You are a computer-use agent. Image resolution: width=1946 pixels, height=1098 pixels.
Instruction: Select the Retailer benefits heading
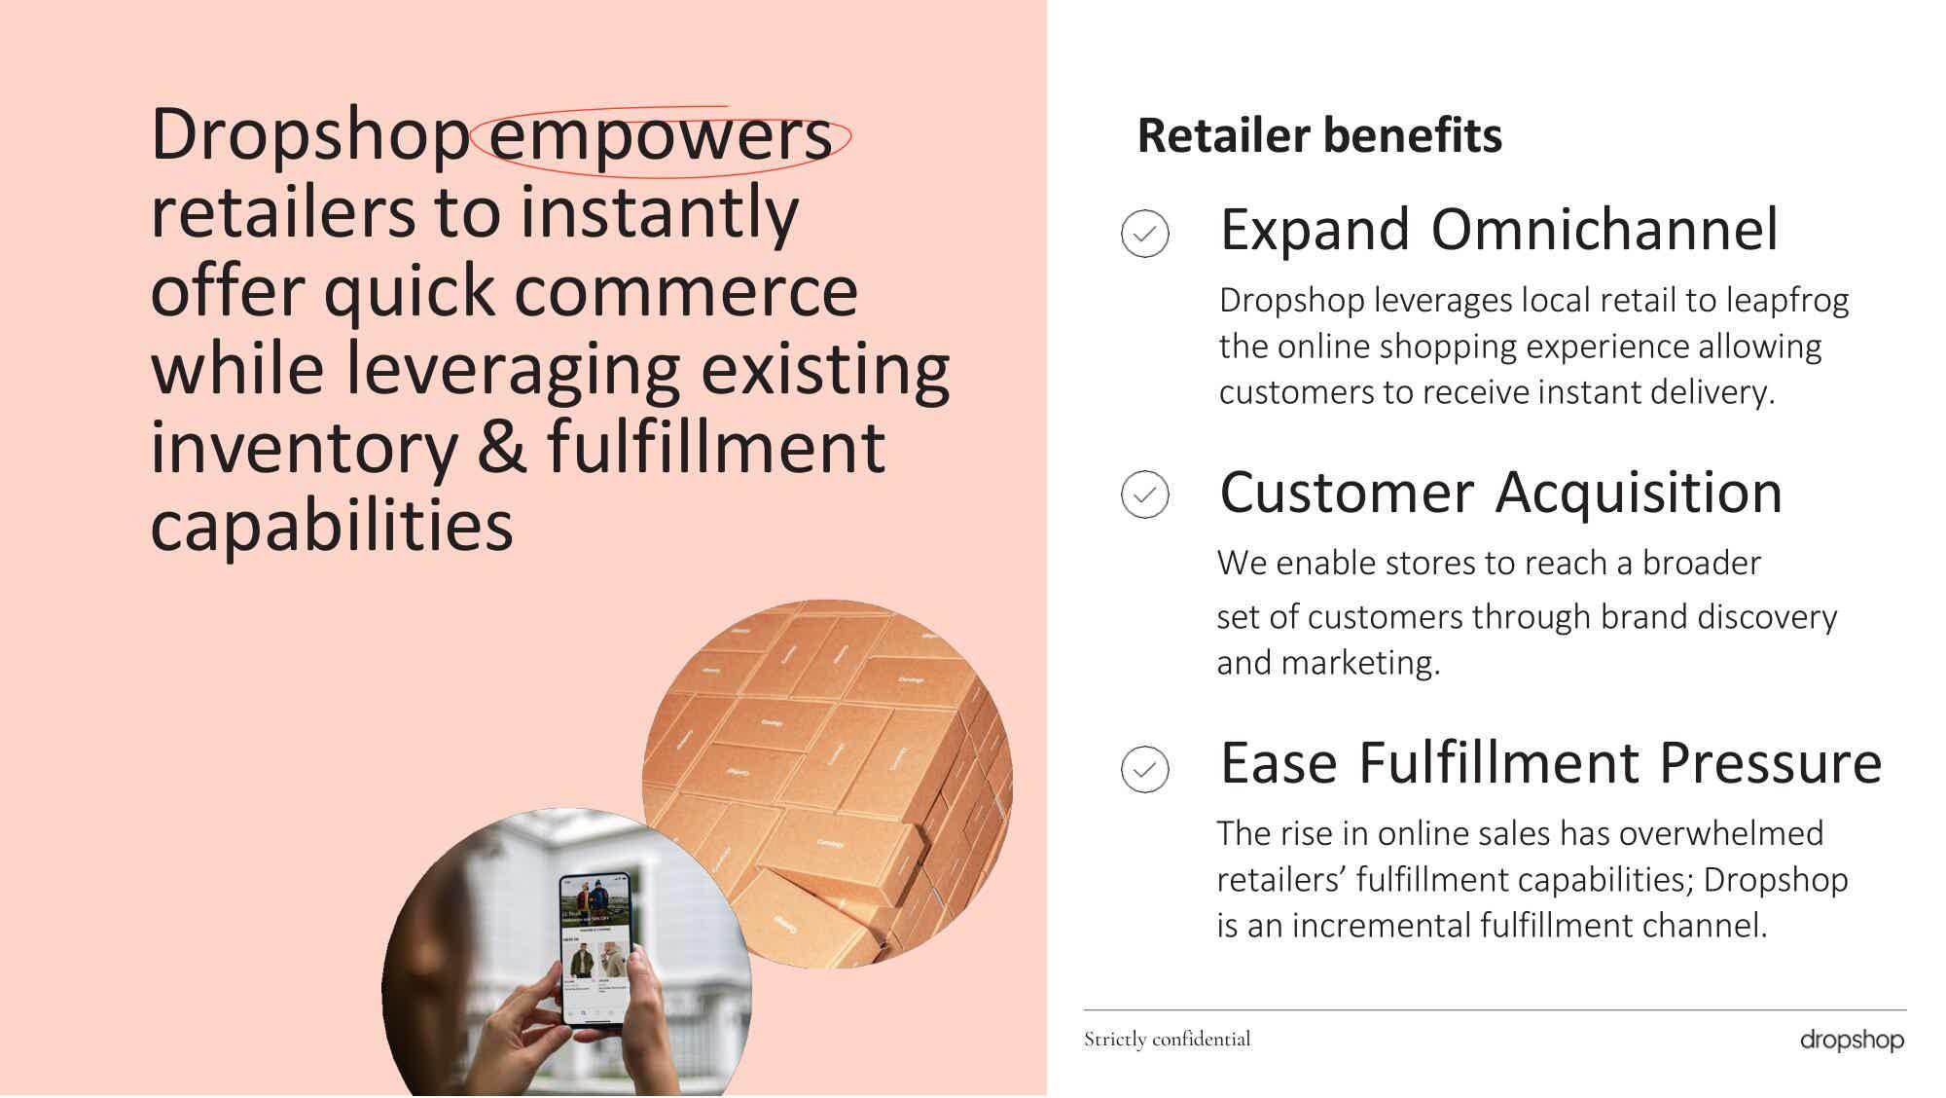(1319, 135)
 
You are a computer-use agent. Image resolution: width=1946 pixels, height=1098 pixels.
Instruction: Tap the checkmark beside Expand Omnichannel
(1145, 234)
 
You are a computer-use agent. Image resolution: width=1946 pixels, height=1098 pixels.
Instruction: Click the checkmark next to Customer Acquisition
(1145, 494)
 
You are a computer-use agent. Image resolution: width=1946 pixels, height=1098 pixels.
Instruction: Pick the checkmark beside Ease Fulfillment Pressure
(1145, 769)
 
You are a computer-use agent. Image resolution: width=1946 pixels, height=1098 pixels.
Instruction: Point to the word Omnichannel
(1604, 230)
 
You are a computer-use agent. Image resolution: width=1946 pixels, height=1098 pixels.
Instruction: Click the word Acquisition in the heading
(1640, 493)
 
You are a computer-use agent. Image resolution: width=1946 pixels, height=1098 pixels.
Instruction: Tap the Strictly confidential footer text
(1168, 1040)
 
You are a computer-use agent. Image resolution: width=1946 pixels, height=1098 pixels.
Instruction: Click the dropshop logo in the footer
(1852, 1041)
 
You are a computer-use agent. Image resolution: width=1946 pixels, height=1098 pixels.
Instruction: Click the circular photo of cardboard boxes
(827, 784)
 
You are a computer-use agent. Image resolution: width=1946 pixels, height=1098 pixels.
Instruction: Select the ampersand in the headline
(502, 448)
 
